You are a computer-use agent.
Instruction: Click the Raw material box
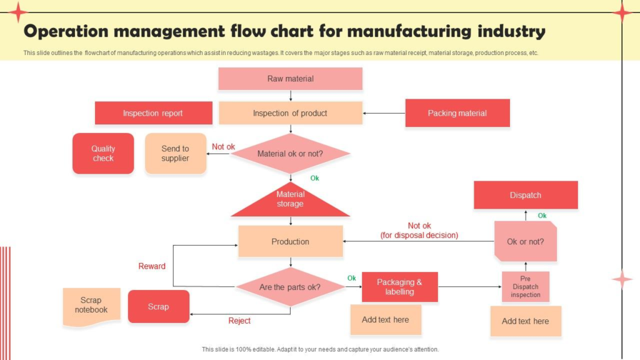[290, 79]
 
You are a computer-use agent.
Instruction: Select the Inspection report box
[153, 113]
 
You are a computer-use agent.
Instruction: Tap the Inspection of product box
[290, 113]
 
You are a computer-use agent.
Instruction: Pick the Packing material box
[457, 113]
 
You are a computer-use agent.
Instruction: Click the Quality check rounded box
[103, 153]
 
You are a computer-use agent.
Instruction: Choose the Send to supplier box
[175, 153]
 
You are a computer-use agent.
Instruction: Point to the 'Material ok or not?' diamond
[290, 153]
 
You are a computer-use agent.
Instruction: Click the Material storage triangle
[290, 202]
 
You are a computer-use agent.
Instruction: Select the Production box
[290, 241]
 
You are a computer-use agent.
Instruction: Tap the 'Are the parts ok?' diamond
[290, 287]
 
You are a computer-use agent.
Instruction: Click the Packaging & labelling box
[399, 287]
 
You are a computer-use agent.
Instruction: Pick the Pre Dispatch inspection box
[525, 287]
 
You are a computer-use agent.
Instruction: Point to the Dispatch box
[525, 195]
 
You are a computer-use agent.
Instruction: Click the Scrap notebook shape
[91, 306]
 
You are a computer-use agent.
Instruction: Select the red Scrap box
[158, 306]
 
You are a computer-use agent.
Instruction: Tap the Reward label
[152, 266]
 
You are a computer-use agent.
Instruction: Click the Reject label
[239, 321]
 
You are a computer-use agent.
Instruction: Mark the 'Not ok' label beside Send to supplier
[223, 147]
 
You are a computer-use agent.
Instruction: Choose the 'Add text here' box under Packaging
[386, 320]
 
